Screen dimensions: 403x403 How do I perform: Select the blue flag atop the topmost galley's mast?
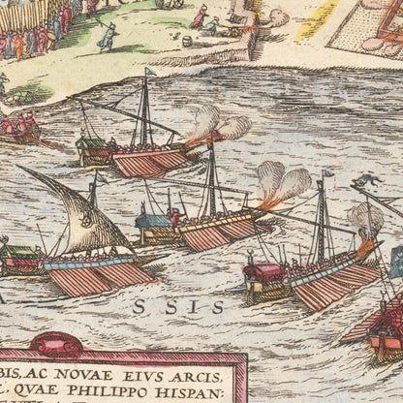pos(150,72)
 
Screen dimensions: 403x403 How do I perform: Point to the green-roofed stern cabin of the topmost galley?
pos(95,147)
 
